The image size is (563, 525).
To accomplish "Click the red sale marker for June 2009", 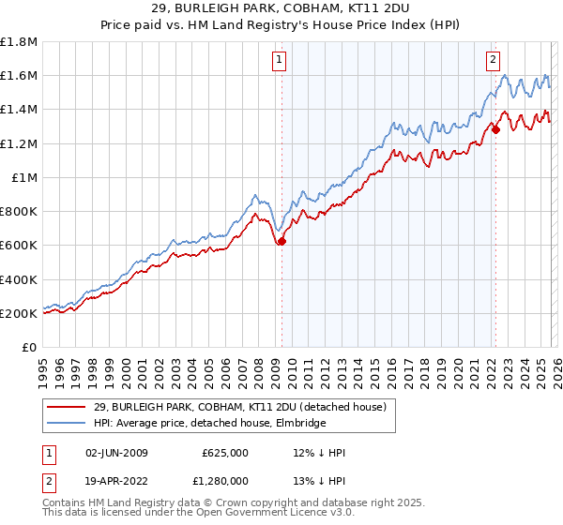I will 281,241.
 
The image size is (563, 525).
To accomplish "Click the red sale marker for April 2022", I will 495,129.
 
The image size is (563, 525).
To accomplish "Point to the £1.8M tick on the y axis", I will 19,42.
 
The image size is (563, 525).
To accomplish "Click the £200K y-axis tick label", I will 19,313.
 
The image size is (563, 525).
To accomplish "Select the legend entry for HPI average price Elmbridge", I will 209,424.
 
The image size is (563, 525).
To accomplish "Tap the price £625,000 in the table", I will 225,453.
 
